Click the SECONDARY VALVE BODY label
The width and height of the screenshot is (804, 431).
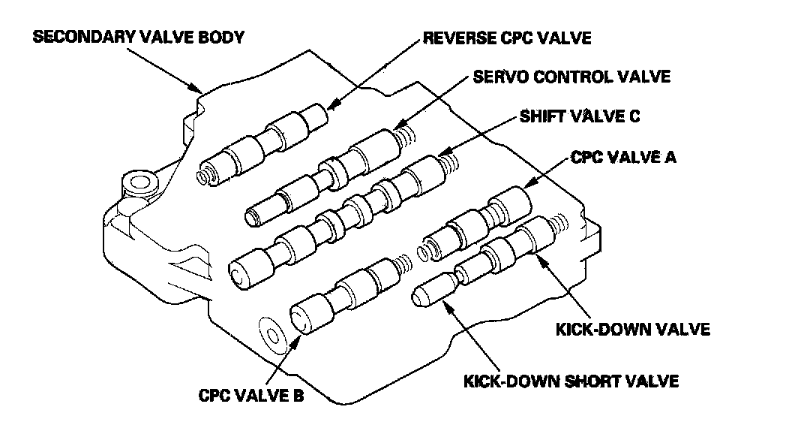click(x=139, y=38)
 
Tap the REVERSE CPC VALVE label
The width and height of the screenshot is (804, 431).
click(x=506, y=38)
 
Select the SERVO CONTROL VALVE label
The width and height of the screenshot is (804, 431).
click(x=571, y=77)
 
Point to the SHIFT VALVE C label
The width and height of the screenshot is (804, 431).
click(x=580, y=116)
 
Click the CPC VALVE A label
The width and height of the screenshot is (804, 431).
click(x=623, y=157)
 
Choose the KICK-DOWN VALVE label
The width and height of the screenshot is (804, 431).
click(x=633, y=329)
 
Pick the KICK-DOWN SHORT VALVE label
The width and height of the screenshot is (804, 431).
click(x=571, y=381)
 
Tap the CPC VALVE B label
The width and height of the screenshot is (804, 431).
click(x=251, y=396)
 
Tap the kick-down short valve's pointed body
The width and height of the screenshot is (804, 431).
click(x=433, y=289)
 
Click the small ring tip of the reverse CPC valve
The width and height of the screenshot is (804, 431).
click(x=204, y=175)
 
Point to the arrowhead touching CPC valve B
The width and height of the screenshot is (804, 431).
click(x=295, y=341)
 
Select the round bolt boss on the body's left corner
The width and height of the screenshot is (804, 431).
click(x=139, y=183)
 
